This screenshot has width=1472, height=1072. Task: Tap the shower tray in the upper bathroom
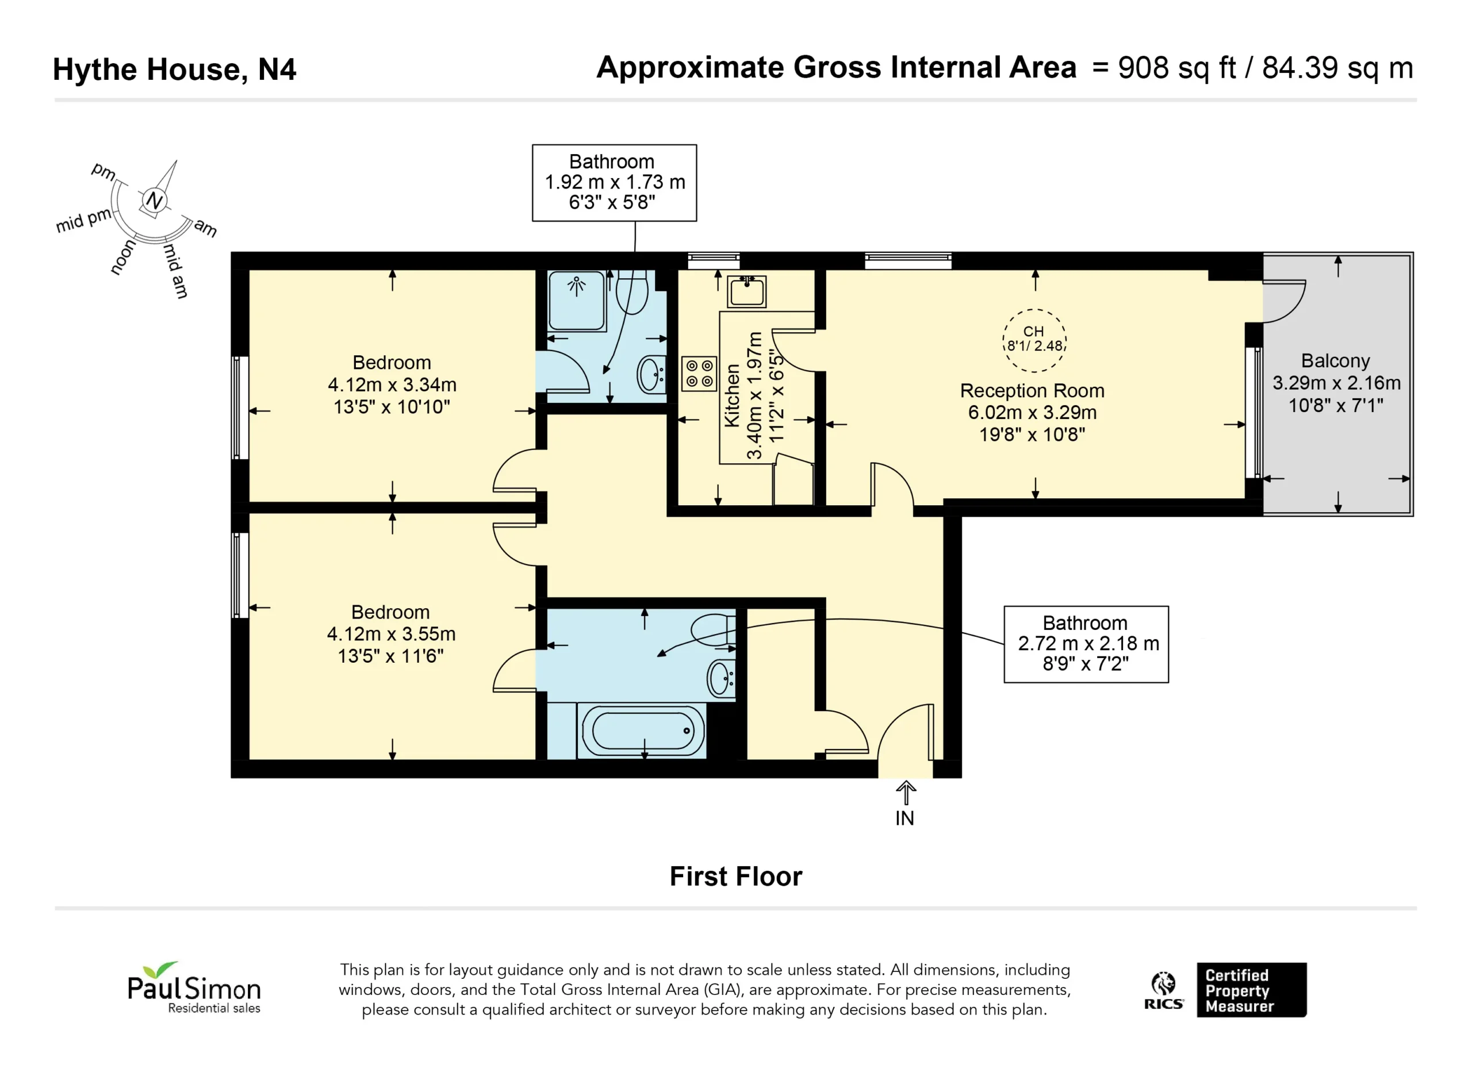(576, 301)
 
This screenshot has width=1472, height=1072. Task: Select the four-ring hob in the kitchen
(699, 374)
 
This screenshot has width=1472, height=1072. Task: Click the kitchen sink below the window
(746, 291)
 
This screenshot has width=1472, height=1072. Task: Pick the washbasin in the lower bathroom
(721, 678)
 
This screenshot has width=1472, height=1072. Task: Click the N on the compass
(154, 200)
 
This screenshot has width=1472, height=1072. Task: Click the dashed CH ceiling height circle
(1034, 341)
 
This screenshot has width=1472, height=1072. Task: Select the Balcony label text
(1335, 361)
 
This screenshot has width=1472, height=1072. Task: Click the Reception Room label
(1032, 391)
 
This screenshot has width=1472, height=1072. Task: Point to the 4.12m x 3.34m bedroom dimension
(392, 385)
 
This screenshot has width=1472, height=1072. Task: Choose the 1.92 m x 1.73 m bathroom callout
(615, 182)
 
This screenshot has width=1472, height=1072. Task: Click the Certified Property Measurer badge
(1251, 990)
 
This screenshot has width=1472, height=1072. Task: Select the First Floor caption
(736, 877)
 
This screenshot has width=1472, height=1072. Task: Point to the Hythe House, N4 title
(174, 70)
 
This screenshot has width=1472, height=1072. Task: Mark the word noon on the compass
(123, 257)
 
